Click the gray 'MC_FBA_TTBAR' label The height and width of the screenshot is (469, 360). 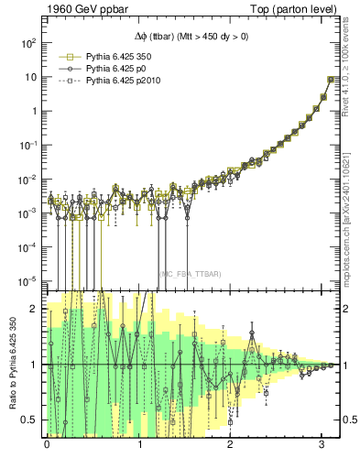190,274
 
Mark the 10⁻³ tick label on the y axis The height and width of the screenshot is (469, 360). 27,213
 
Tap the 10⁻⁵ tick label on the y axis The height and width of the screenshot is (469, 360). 27,280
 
